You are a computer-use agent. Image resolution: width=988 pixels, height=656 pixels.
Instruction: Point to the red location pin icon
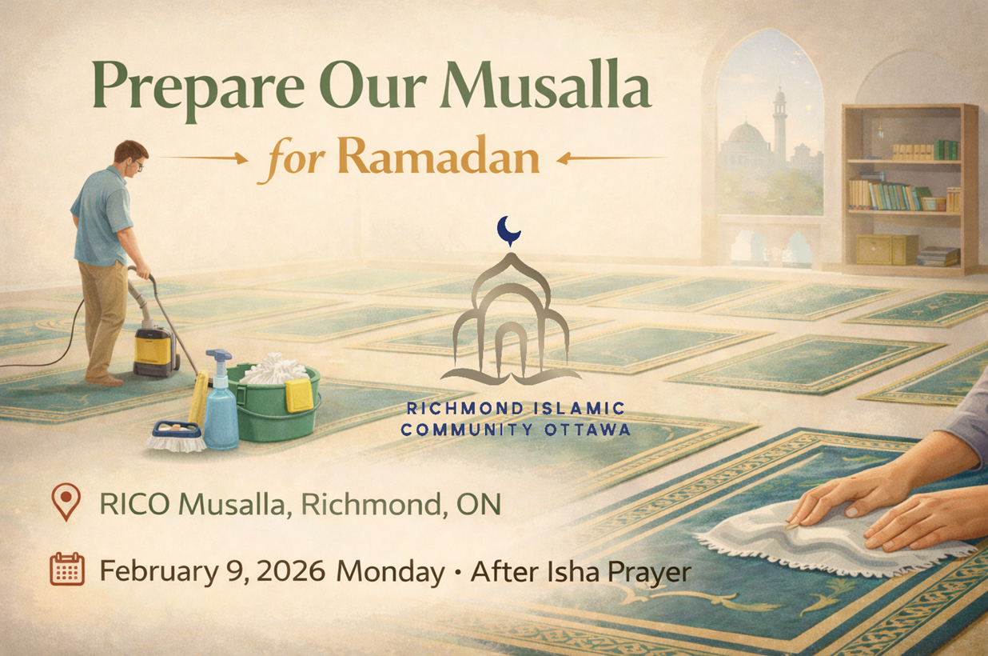66,502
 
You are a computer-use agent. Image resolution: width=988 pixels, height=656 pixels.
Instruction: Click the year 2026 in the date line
290,572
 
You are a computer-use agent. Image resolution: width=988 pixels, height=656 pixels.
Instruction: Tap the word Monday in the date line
390,572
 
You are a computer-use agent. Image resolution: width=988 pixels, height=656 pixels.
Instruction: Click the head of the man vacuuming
130,158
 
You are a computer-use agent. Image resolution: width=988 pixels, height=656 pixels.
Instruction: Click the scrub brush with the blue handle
175,435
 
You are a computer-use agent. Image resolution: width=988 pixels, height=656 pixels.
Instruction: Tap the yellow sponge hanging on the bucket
299,394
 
